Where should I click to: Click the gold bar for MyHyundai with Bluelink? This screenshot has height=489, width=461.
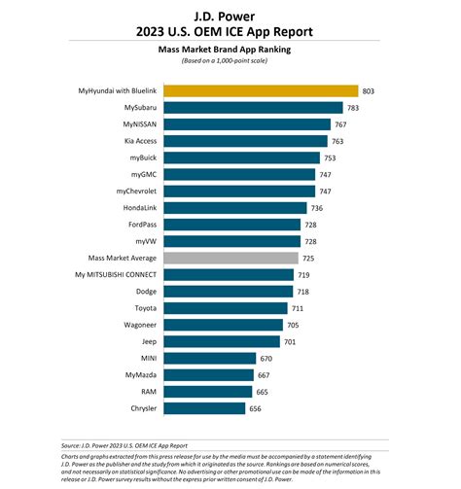[261, 90]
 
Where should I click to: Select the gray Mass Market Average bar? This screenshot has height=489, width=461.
[230, 258]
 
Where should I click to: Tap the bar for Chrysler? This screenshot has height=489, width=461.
[204, 408]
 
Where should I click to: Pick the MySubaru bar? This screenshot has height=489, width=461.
[253, 107]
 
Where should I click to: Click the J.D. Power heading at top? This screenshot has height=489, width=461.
[230, 12]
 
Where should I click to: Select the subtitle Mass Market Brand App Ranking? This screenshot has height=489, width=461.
[230, 47]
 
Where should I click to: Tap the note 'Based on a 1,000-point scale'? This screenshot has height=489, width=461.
[230, 60]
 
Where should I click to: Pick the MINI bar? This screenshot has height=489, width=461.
[210, 358]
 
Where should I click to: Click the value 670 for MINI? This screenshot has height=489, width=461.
[269, 358]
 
